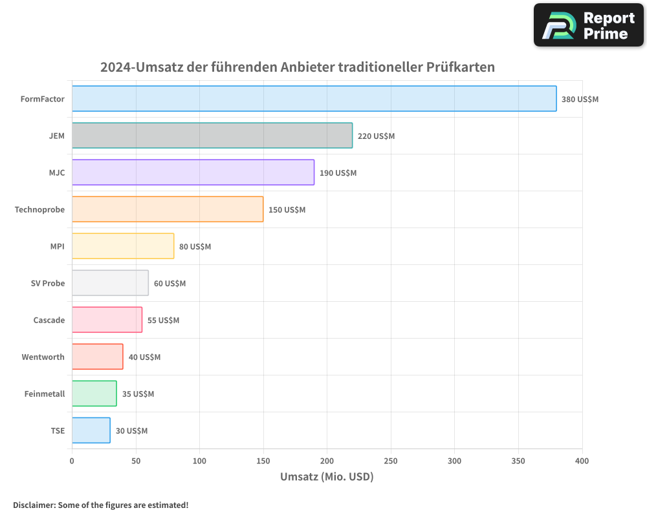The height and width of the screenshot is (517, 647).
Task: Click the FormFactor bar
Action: [x=314, y=99]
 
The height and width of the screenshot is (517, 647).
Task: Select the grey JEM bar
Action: [x=212, y=136]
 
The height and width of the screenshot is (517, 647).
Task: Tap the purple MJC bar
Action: [x=193, y=173]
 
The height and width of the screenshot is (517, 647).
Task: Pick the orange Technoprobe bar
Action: [x=168, y=209]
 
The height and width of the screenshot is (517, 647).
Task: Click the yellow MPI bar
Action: [x=123, y=246]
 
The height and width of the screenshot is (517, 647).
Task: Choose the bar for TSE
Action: [x=91, y=430]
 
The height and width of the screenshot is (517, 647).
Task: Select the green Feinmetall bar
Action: [x=94, y=394]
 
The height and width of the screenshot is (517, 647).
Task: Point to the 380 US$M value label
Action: [x=580, y=100]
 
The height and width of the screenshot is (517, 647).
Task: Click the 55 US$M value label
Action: [x=163, y=321]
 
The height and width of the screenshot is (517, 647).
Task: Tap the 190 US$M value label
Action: [x=338, y=173]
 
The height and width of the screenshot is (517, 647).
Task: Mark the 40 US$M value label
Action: [x=144, y=357]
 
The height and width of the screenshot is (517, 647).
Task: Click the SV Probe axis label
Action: [x=48, y=283]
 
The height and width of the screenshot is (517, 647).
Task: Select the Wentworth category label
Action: [x=43, y=357]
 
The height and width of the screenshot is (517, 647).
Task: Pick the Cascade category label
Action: [x=49, y=320]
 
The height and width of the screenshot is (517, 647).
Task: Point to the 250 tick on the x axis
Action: [x=391, y=461]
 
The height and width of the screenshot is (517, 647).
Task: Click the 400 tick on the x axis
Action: [x=582, y=461]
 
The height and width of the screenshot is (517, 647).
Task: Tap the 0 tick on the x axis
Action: [x=72, y=461]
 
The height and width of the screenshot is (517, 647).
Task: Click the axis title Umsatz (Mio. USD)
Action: [x=327, y=477]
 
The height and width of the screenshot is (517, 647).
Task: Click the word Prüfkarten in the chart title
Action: [x=460, y=67]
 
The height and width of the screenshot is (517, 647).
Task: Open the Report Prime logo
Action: [x=589, y=25]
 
